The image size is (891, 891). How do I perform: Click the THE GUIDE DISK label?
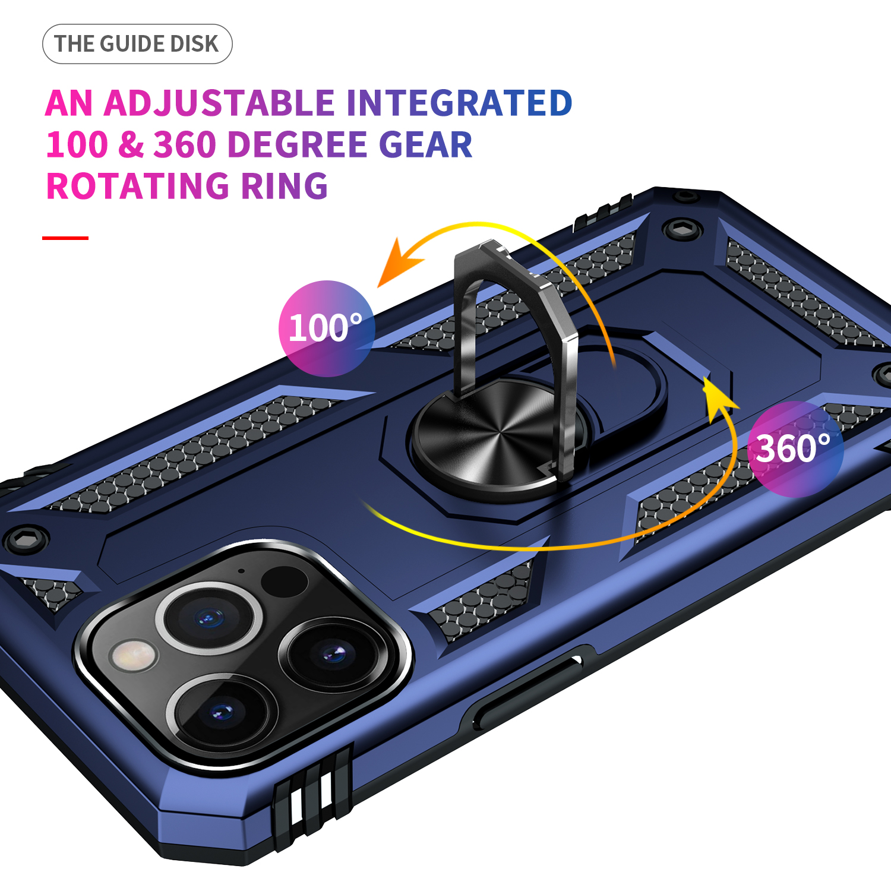point(137,44)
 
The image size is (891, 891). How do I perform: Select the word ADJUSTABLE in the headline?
point(220,103)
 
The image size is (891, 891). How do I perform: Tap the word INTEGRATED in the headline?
point(459,103)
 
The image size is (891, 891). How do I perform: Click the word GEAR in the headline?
point(425,144)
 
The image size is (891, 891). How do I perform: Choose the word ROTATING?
point(138,186)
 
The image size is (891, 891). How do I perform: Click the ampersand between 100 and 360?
point(131,144)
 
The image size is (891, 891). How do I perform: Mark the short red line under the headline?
point(65,238)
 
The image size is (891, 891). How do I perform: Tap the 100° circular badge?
point(326,328)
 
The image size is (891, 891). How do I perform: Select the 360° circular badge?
point(795,449)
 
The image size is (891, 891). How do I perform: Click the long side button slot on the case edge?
point(529,689)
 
